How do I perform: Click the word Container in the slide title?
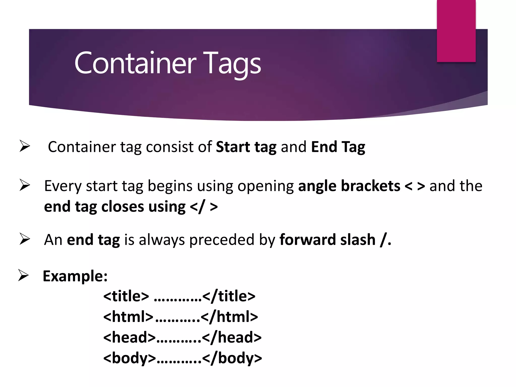(x=135, y=63)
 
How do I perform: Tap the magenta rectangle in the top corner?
(x=456, y=31)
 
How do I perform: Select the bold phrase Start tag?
(x=246, y=147)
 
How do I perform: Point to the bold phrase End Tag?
(x=338, y=147)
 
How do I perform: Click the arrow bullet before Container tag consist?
(x=25, y=146)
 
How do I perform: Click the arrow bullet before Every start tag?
(x=25, y=185)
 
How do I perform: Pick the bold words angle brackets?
(x=349, y=186)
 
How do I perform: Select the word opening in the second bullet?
(x=266, y=186)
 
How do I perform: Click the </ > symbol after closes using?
(x=204, y=207)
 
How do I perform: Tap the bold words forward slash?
(x=327, y=239)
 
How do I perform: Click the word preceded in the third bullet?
(x=222, y=240)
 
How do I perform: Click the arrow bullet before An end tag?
(x=25, y=239)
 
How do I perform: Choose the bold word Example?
(x=75, y=276)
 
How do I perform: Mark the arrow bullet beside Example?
(x=23, y=275)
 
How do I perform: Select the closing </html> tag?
(x=229, y=317)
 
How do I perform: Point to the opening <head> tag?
(x=129, y=337)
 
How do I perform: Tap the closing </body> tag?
(x=232, y=358)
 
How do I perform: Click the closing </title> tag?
(x=229, y=296)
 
